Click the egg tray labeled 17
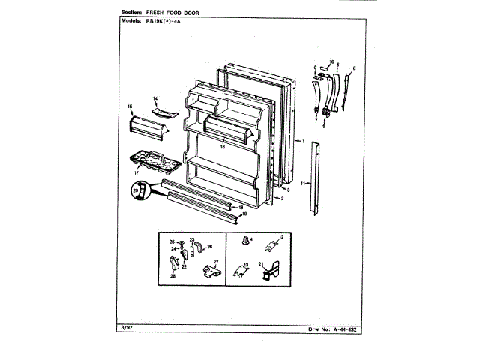[152, 160]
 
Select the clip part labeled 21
[267, 272]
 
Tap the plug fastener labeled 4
[245, 241]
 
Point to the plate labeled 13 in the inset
[238, 271]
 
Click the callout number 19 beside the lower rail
[244, 214]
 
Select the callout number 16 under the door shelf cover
[222, 148]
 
